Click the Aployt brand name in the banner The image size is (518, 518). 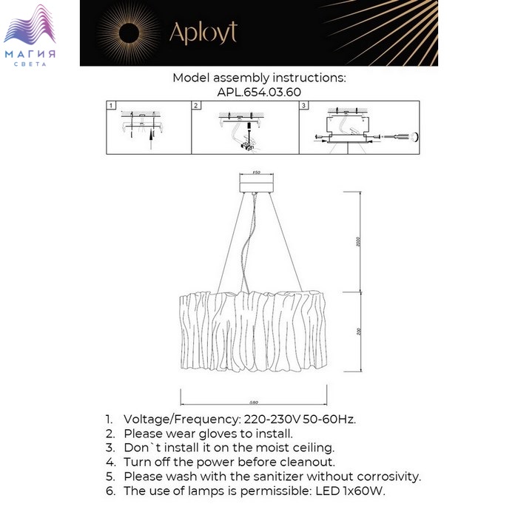pos(203,33)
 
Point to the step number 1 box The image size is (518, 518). pos(111,106)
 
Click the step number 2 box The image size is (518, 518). pos(196,106)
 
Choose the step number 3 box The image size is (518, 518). pos(303,106)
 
